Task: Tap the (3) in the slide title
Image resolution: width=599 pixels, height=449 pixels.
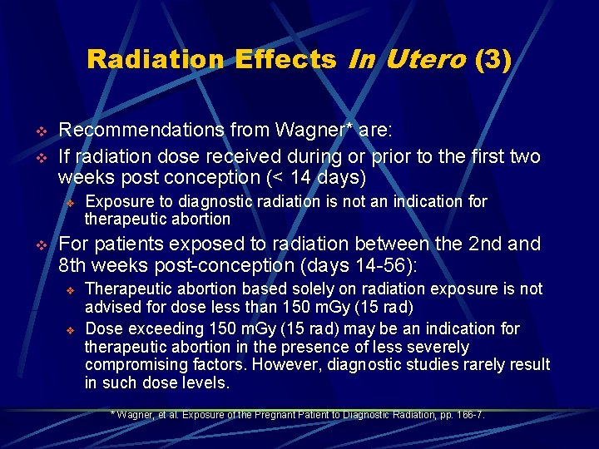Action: tap(493, 60)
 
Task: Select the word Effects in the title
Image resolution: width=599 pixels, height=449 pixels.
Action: tap(285, 60)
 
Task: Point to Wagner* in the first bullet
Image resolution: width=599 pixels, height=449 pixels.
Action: tap(302, 131)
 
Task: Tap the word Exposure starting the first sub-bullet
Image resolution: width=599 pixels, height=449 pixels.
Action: tap(119, 201)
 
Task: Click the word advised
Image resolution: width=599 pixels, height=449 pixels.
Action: tap(112, 307)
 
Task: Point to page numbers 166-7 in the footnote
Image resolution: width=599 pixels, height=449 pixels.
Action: tap(468, 414)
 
